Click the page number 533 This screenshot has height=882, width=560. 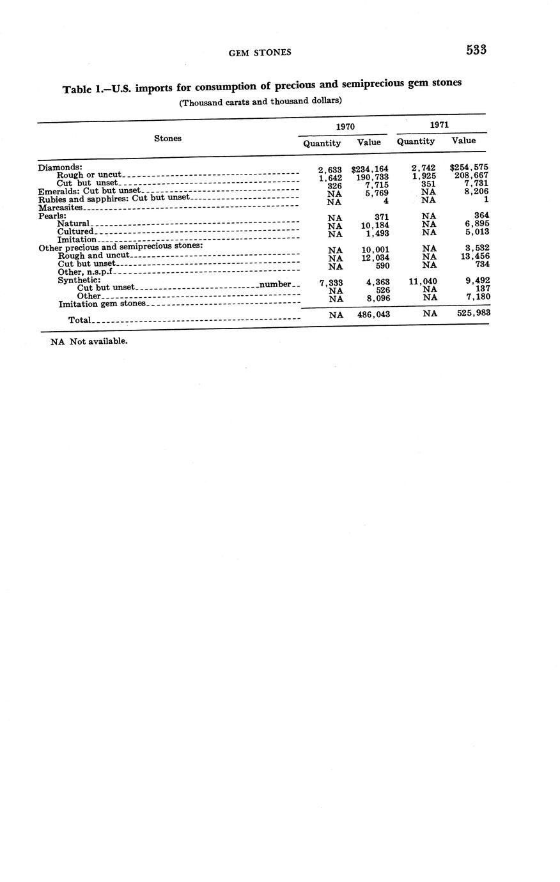pos(476,50)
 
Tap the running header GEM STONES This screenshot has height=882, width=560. pos(260,52)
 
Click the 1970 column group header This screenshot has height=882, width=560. pos(345,127)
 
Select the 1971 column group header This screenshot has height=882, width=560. pos(439,125)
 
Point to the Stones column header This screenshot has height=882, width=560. pos(167,138)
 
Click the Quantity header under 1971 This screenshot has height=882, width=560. pos(416,141)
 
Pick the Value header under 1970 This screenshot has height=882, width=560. pos(369,143)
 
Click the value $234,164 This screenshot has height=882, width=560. pos(369,169)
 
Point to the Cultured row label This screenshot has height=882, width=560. pos(75,231)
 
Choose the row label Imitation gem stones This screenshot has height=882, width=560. pos(102,304)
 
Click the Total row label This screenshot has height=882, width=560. pos(80,320)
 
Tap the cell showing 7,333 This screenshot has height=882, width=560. pos(331,282)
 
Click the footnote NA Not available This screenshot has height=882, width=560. pos(89,341)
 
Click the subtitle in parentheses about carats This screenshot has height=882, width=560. pos(260,101)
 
